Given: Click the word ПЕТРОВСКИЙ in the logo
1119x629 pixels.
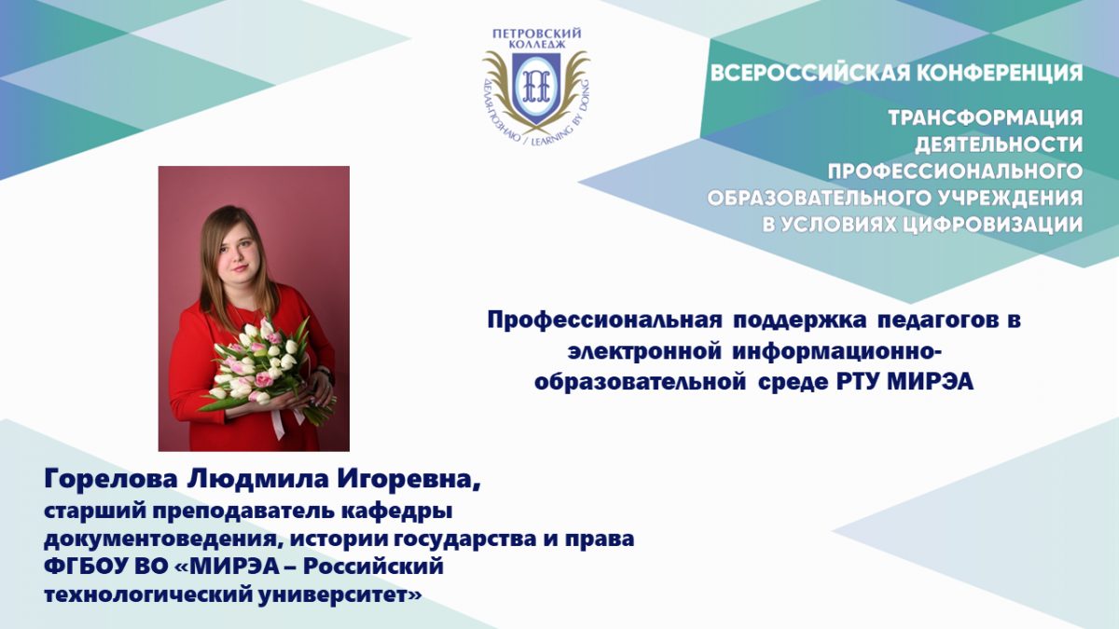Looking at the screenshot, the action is (x=536, y=34).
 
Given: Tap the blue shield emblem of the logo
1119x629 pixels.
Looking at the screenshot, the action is (x=536, y=89).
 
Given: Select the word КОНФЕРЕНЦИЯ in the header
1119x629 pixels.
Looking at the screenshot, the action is (x=1000, y=73).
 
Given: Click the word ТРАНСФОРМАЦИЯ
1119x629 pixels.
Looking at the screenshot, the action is (x=986, y=117).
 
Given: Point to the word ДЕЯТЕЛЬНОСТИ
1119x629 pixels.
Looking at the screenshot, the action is (x=999, y=144).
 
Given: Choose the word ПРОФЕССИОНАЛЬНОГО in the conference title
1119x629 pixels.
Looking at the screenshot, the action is (x=955, y=171).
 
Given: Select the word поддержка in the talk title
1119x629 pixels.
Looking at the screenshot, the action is (x=800, y=321).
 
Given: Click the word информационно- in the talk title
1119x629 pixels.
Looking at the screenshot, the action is (x=836, y=352).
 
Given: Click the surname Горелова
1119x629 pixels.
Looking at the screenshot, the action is (x=111, y=480).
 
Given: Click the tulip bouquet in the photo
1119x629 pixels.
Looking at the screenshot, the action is (x=265, y=369).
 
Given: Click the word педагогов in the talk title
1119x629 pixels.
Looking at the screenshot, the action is (x=943, y=321).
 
